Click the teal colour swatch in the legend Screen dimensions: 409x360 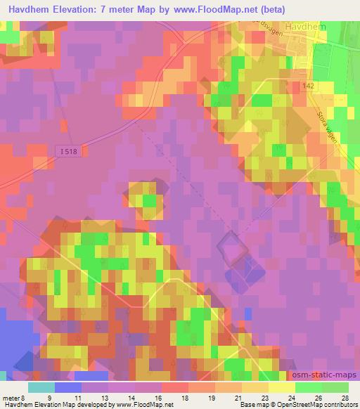42,387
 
